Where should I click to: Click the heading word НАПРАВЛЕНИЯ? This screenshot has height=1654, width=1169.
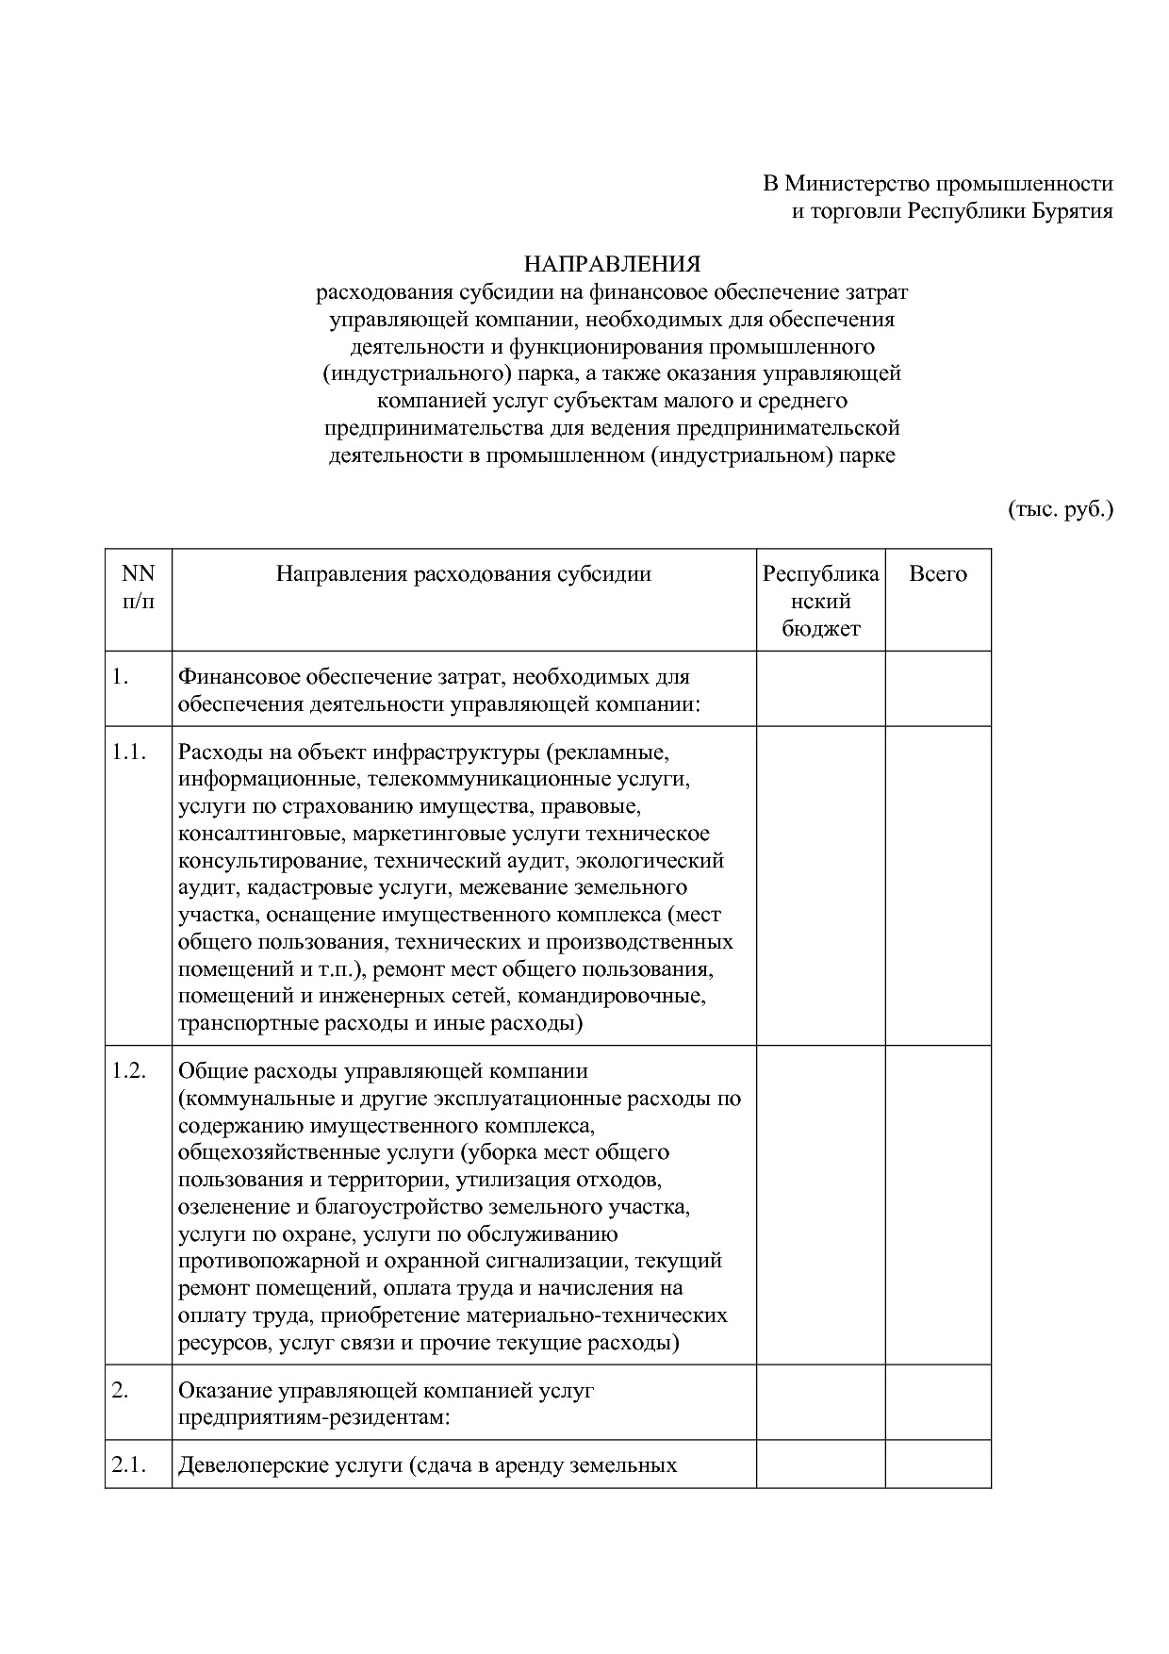[x=612, y=264]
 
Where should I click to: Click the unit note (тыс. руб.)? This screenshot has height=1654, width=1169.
[x=1061, y=510]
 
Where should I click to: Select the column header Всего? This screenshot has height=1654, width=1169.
[x=937, y=574]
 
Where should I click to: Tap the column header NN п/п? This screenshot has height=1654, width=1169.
[x=139, y=587]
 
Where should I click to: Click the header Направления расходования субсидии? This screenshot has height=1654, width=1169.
[x=463, y=574]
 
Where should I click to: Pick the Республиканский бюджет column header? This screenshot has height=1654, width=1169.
[x=820, y=601]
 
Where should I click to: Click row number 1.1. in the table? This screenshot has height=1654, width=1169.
[x=129, y=753]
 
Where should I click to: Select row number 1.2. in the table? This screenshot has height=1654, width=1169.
[x=129, y=1071]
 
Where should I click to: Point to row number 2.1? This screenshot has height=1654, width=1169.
[x=129, y=1465]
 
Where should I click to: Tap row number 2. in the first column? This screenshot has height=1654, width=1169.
[x=120, y=1390]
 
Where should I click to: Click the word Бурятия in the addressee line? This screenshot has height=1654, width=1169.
[x=1065, y=210]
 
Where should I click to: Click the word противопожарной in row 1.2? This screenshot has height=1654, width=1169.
[x=257, y=1261]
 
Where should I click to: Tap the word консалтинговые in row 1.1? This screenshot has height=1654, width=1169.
[x=250, y=834]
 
